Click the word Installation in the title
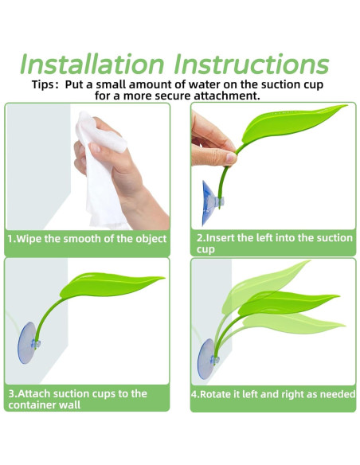pyautogui.click(x=92, y=64)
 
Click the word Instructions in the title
pyautogui.click(x=252, y=64)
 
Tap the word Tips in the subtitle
pyautogui.click(x=43, y=85)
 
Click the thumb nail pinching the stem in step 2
pyautogui.click(x=231, y=157)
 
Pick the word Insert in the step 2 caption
pyautogui.click(x=220, y=238)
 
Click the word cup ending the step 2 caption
pyautogui.click(x=205, y=250)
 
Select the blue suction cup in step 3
pyautogui.click(x=27, y=343)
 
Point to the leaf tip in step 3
pyautogui.click(x=164, y=278)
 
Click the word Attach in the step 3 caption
pyautogui.click(x=33, y=394)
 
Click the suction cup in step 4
pyautogui.click(x=207, y=359)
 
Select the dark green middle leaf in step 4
pyautogui.click(x=284, y=303)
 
